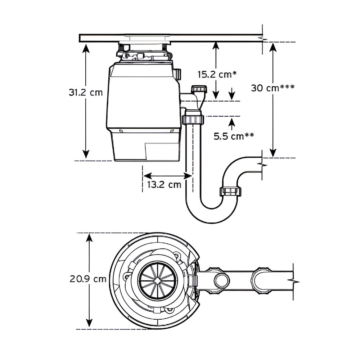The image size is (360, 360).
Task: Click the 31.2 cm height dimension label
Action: (86, 93)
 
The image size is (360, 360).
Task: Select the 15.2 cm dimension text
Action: (214, 75)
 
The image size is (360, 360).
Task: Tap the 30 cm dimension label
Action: (265, 88)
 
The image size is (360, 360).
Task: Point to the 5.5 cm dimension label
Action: (229, 136)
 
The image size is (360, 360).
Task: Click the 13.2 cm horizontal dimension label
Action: (164, 185)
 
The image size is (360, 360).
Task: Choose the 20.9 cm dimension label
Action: (88, 279)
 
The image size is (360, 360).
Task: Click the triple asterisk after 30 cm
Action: (287, 87)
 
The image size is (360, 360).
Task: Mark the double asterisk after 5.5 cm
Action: (249, 135)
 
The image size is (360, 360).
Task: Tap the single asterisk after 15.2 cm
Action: (234, 73)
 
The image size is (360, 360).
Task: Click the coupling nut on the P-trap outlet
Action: (230, 191)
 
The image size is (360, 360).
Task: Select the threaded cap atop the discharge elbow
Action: (199, 89)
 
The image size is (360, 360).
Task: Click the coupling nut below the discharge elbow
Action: (193, 118)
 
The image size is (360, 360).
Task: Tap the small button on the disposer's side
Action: (177, 75)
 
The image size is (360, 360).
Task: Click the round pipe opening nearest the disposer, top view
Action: (221, 280)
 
